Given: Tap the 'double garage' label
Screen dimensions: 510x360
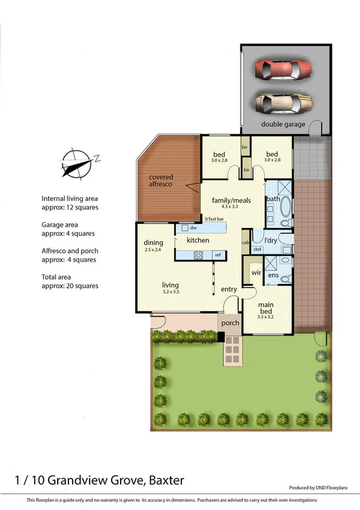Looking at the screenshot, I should [x=282, y=124].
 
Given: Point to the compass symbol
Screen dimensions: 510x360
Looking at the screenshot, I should [x=78, y=162].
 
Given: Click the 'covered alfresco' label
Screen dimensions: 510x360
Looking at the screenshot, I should [x=161, y=180].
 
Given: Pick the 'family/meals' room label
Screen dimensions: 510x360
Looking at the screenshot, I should [x=231, y=200].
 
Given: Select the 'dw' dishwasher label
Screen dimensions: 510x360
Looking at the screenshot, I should [x=193, y=228].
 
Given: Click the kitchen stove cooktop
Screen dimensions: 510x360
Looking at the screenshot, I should [x=198, y=256].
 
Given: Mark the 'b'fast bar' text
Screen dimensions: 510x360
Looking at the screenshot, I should [x=214, y=219].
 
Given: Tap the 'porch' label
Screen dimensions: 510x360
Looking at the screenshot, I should [x=230, y=323].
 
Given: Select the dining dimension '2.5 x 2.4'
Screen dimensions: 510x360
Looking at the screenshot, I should [x=153, y=250].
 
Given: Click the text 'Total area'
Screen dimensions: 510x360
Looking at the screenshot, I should [x=58, y=277].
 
